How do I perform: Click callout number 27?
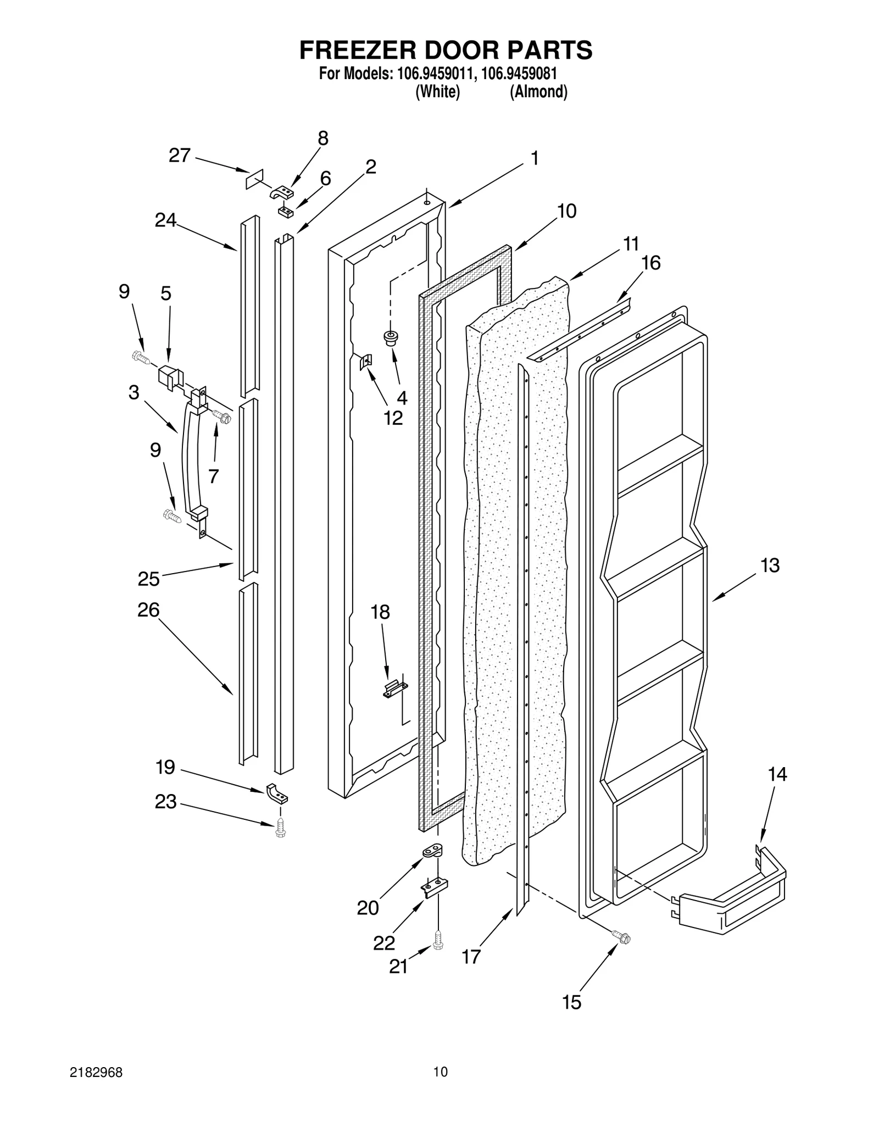coord(179,156)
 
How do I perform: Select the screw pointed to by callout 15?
coord(622,937)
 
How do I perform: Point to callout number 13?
coord(770,565)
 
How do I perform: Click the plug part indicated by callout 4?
coord(391,338)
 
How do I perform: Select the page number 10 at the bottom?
coord(440,1087)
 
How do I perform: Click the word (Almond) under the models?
coord(538,92)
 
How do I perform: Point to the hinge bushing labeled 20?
coord(433,851)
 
